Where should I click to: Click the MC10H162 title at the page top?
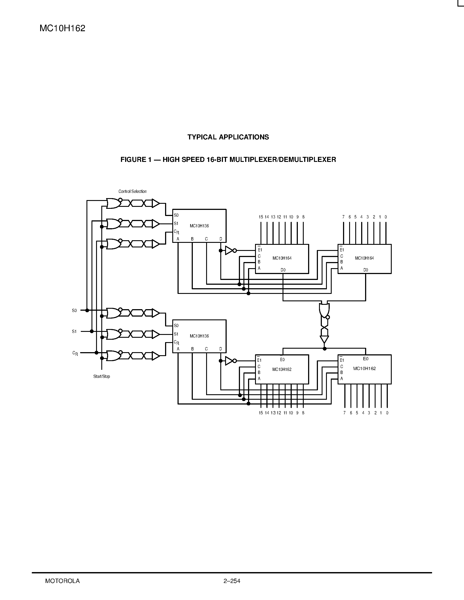(62, 28)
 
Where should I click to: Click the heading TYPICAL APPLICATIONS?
(228, 137)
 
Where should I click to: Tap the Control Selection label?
(133, 192)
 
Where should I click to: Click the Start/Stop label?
(102, 376)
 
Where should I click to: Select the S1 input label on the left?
(74, 332)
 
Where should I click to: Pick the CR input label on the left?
(75, 353)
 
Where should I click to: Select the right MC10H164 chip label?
(364, 258)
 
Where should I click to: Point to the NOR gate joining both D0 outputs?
(324, 310)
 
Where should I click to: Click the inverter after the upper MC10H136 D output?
(230, 250)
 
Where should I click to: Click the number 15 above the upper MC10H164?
(260, 217)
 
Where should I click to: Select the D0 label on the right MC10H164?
(365, 270)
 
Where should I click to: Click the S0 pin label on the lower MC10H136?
(176, 326)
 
